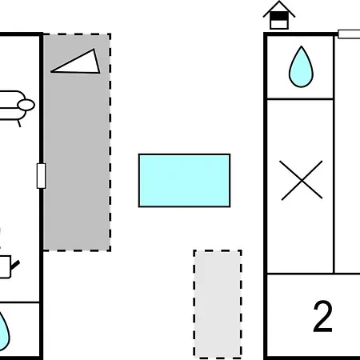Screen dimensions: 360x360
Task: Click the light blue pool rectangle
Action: point(184,180)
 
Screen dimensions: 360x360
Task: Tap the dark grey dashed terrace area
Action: point(77,142)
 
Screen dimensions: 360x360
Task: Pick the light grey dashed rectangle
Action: point(218,304)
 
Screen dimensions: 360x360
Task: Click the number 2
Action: point(323,316)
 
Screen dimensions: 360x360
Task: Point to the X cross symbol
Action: point(302,180)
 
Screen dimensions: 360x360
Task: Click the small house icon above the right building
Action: point(279,15)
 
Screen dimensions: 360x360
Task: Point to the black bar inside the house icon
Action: point(279,16)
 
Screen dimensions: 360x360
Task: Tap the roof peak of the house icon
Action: point(279,2)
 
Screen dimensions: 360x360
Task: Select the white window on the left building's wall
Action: point(41,176)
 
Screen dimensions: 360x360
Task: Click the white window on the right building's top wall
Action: point(349,34)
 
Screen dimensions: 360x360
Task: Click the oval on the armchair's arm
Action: point(26,105)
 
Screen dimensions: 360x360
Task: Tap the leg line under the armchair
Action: point(19,123)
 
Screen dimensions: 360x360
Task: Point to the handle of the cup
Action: point(15,266)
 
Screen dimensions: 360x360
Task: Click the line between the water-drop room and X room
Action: point(300,99)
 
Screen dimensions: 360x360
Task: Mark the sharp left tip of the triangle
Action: point(50,71)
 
